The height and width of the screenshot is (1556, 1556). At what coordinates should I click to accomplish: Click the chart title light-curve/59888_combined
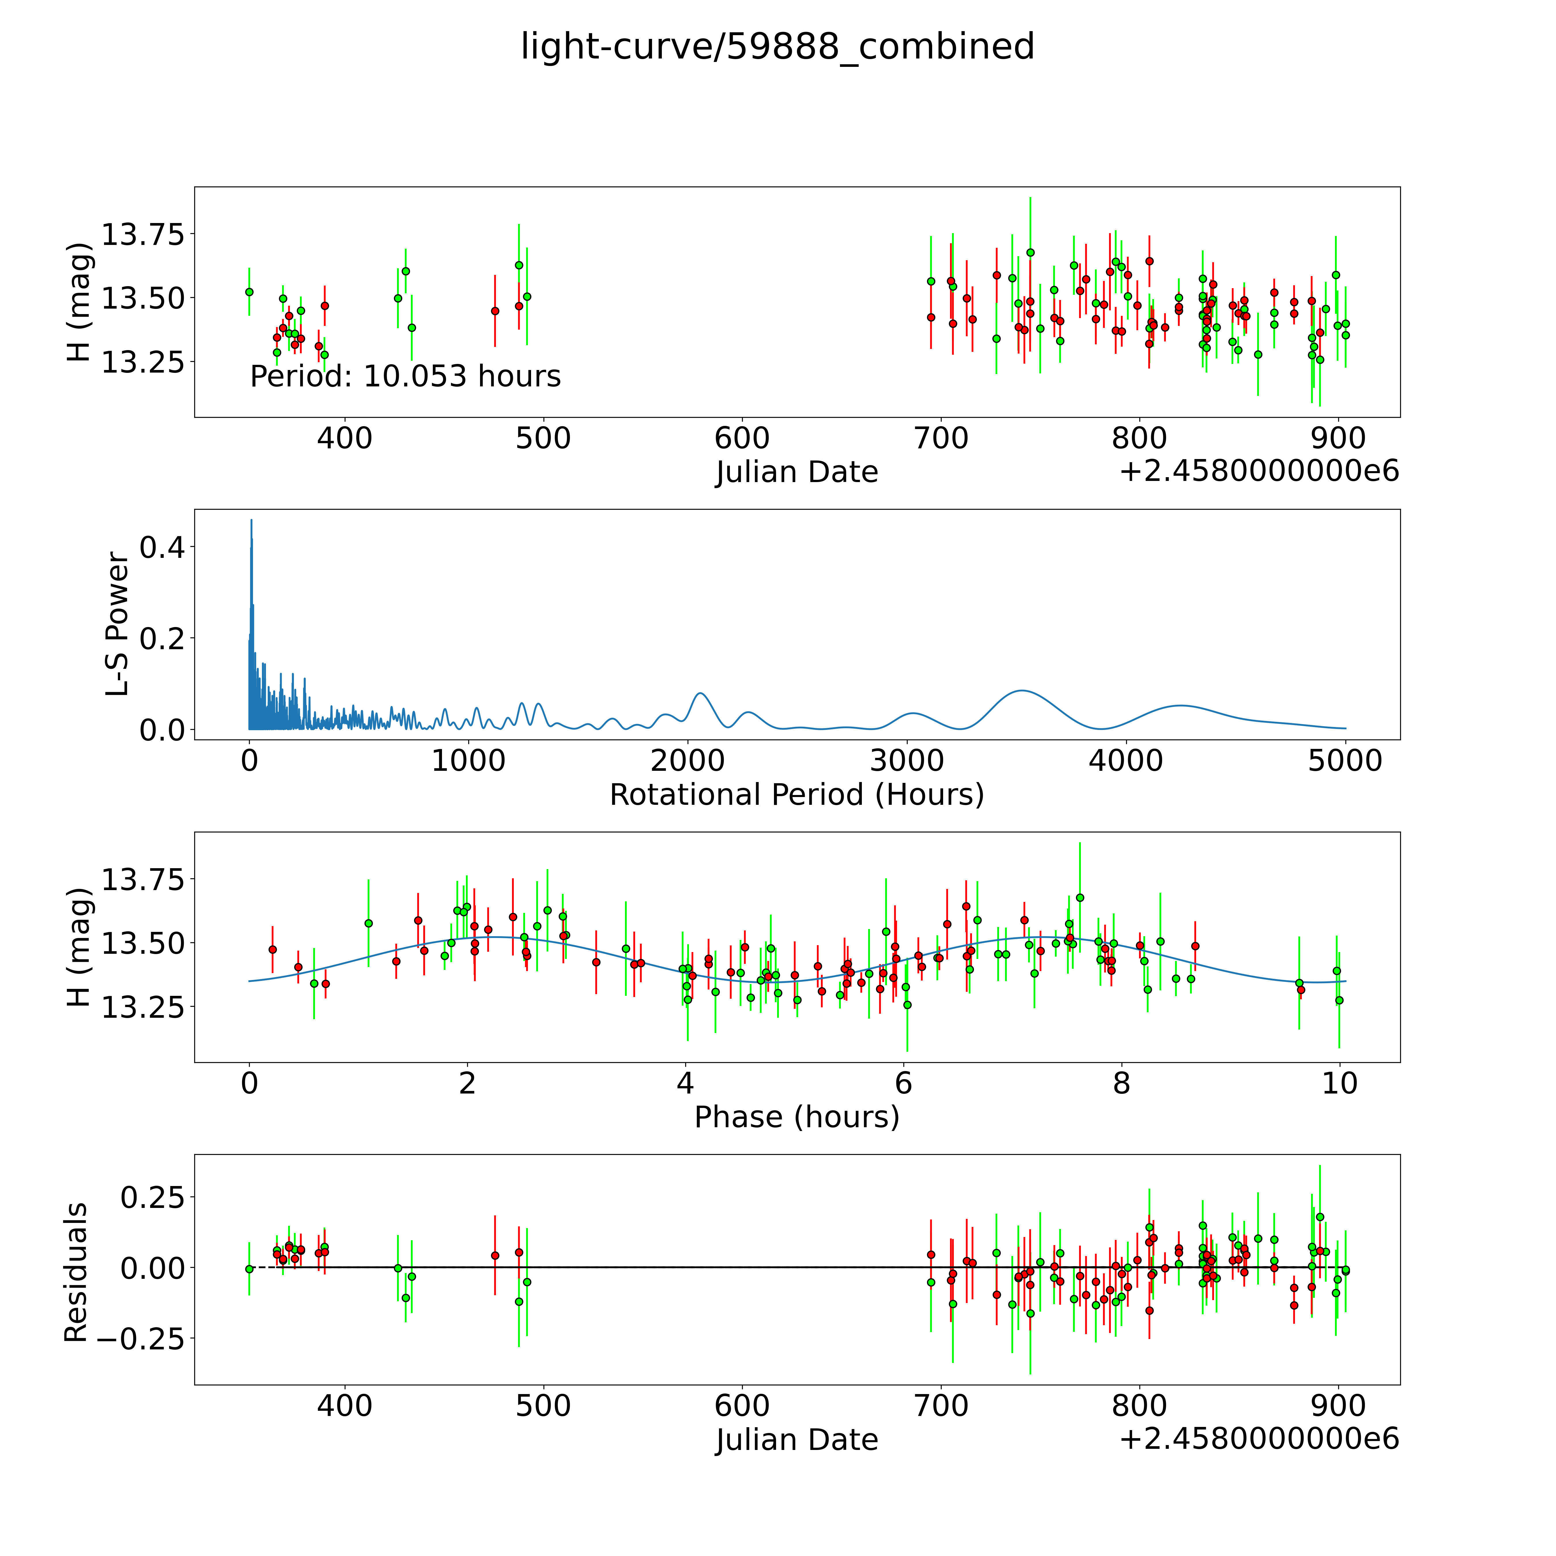click(x=777, y=47)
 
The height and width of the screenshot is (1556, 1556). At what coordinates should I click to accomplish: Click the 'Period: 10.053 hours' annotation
click(x=405, y=376)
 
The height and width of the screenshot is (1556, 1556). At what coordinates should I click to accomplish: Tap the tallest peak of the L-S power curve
click(x=251, y=520)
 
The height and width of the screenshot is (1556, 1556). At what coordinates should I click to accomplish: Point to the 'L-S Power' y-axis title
click(x=118, y=624)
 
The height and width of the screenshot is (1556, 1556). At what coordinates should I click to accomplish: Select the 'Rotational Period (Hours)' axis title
click(x=796, y=795)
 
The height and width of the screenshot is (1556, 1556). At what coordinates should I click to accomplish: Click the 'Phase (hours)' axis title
click(x=796, y=1117)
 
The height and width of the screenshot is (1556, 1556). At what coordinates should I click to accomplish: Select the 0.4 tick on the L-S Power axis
click(x=162, y=548)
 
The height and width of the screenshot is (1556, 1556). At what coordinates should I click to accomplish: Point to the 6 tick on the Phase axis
click(x=904, y=1083)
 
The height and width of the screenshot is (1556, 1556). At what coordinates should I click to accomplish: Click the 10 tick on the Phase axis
click(x=1339, y=1083)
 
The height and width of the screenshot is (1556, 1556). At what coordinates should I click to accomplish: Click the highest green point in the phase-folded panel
click(x=1080, y=897)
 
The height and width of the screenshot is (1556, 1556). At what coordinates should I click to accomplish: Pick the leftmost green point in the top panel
click(x=249, y=292)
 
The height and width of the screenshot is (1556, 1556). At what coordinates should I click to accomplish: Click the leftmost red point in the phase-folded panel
click(x=272, y=949)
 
